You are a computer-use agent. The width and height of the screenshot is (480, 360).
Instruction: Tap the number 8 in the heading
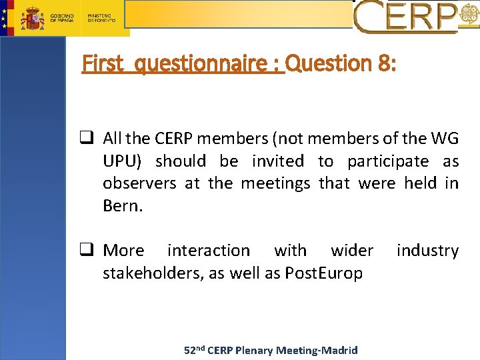385,64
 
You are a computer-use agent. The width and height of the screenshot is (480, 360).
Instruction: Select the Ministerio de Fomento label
101,17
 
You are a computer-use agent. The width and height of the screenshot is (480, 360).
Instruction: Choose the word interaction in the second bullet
209,251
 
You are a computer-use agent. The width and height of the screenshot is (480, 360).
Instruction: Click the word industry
427,251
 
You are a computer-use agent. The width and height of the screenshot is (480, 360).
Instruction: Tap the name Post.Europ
323,273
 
